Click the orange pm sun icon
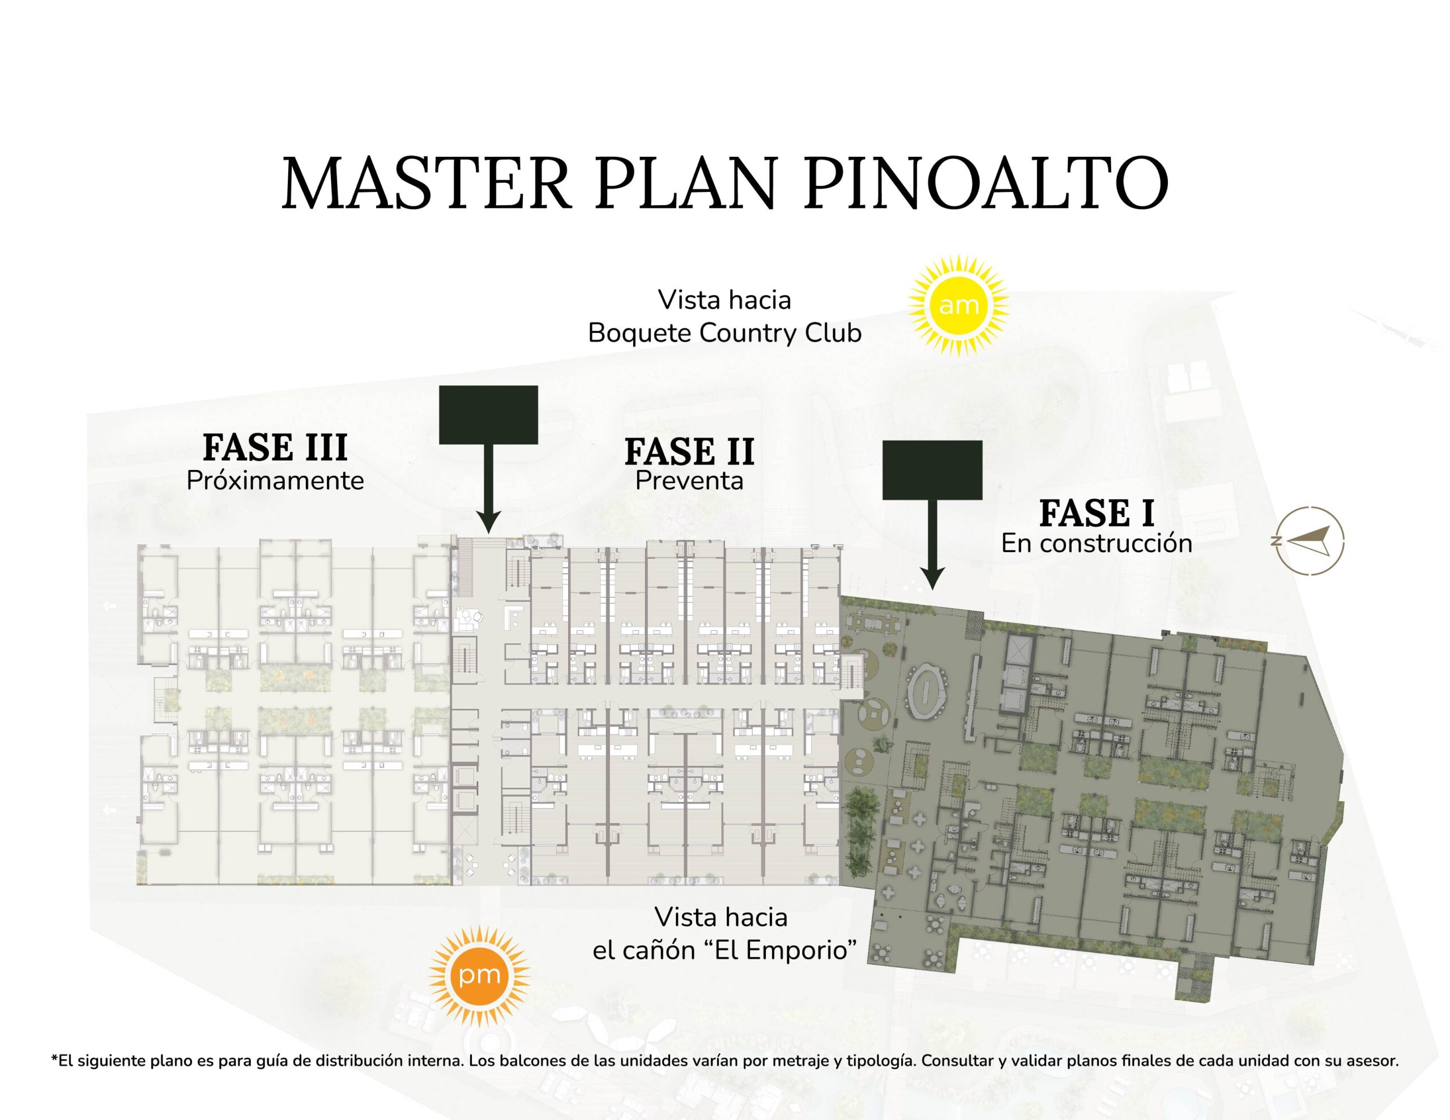click(x=479, y=976)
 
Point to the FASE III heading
click(x=275, y=447)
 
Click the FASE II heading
click(x=689, y=451)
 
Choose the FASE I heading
click(x=1096, y=513)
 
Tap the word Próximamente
click(x=275, y=481)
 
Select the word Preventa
click(x=689, y=481)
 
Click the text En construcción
click(x=1097, y=544)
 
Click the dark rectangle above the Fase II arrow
click(x=488, y=415)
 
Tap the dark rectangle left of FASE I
click(x=932, y=470)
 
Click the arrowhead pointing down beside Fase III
click(x=488, y=523)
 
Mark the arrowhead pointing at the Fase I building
click(x=932, y=579)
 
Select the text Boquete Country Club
click(x=725, y=332)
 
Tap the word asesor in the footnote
click(x=1373, y=1061)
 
